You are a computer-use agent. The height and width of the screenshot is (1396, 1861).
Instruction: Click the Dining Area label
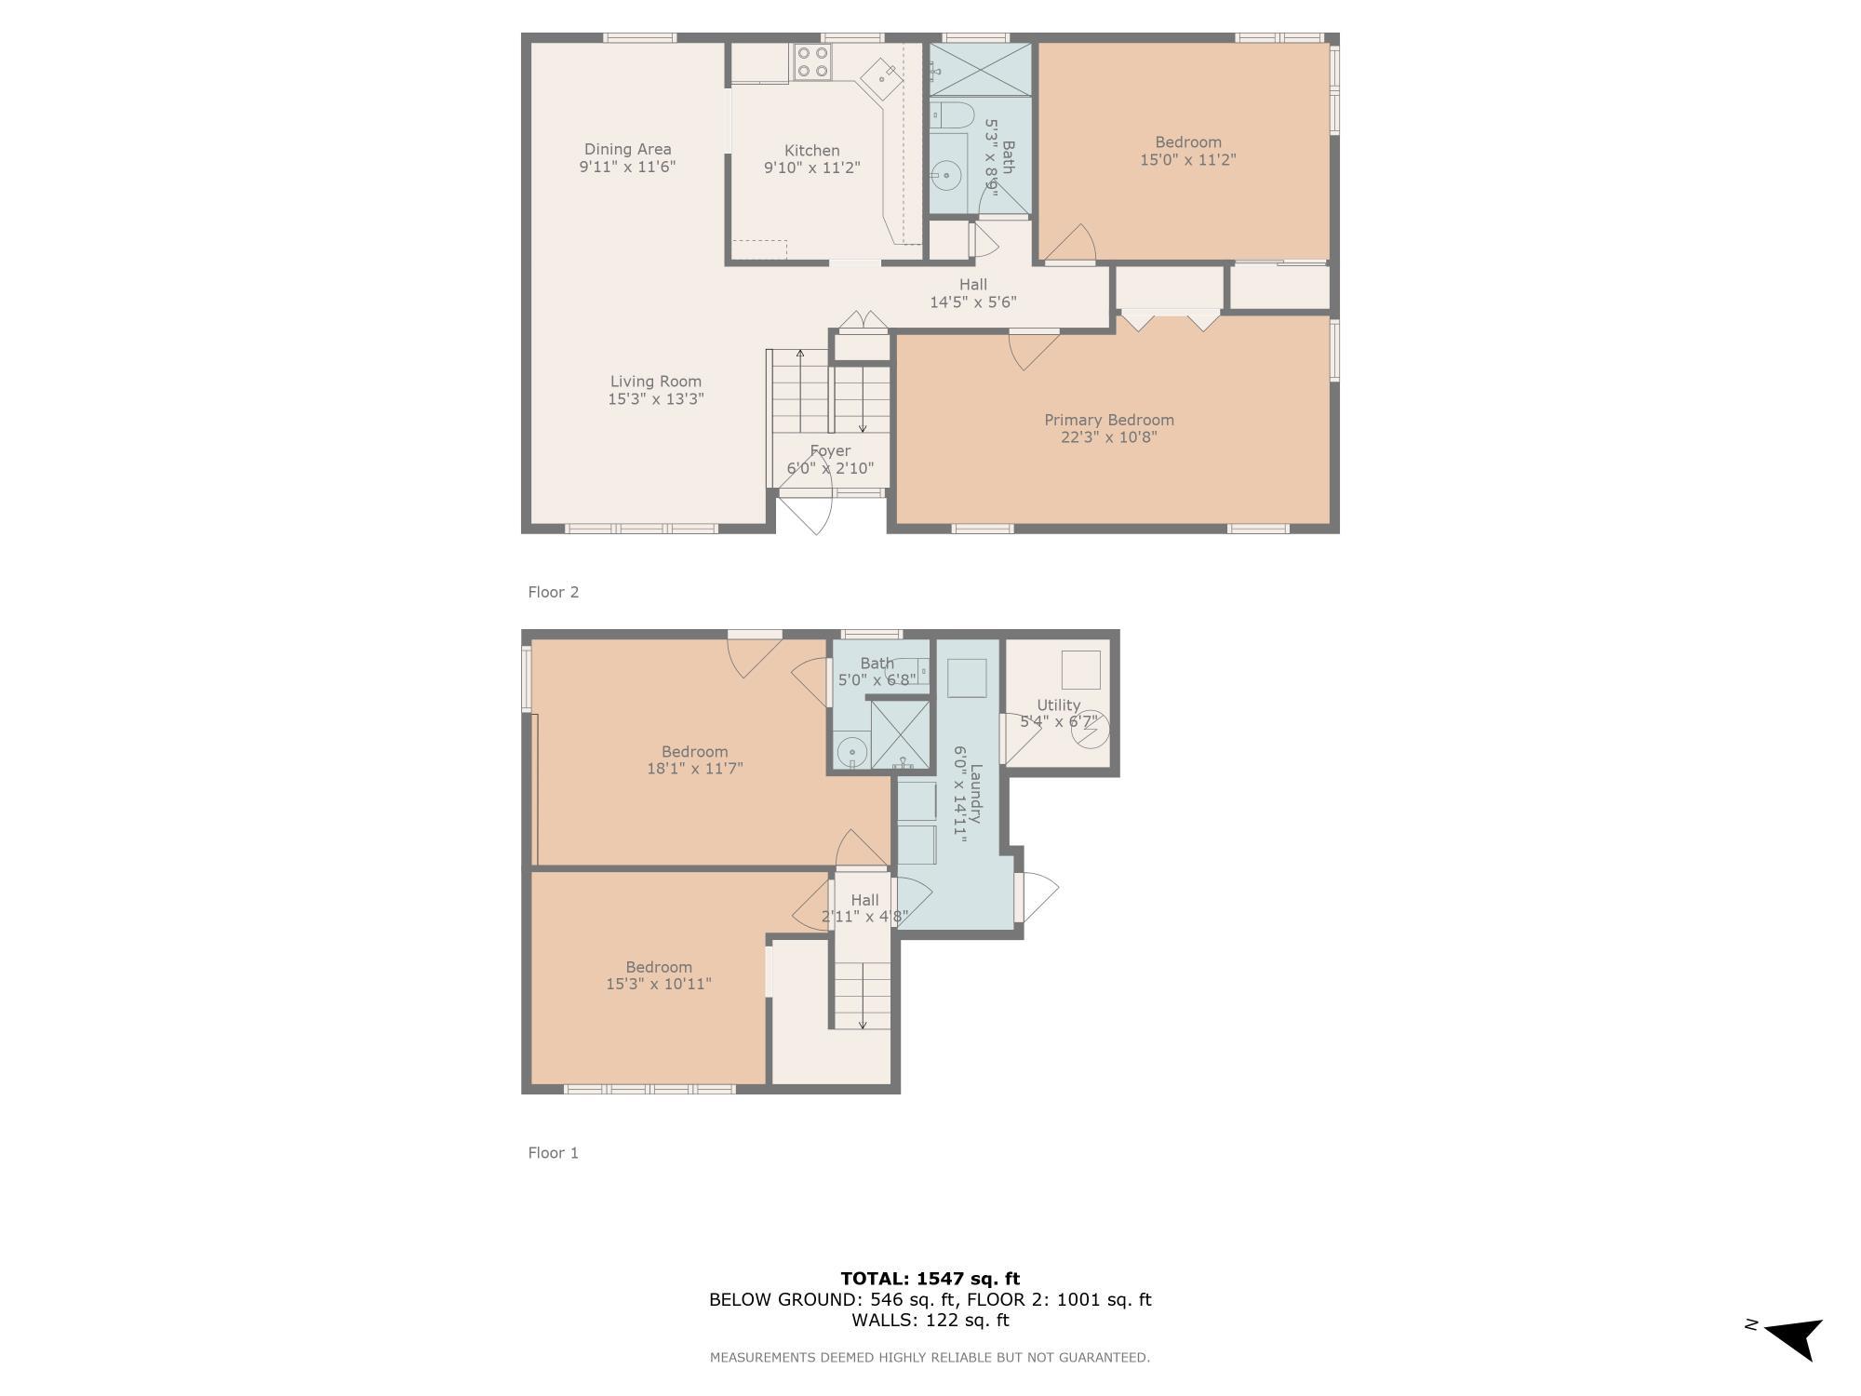click(x=627, y=149)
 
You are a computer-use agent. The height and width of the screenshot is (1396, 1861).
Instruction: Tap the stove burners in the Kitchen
click(x=812, y=61)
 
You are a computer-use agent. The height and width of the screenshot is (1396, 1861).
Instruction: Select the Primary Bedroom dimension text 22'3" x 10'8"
click(x=1108, y=437)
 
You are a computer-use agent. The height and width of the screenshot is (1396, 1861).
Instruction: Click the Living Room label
click(x=655, y=382)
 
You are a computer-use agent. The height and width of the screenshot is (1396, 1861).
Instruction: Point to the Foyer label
click(x=829, y=451)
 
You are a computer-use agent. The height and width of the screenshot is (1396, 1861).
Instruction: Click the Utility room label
click(x=1058, y=705)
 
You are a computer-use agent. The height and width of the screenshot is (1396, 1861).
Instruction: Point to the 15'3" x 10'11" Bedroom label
click(x=658, y=974)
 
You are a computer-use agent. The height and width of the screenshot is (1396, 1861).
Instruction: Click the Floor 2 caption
click(x=553, y=592)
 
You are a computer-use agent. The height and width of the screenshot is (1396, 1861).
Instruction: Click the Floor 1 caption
click(x=553, y=1153)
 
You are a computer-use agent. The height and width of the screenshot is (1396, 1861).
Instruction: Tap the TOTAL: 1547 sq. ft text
click(x=930, y=1279)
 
